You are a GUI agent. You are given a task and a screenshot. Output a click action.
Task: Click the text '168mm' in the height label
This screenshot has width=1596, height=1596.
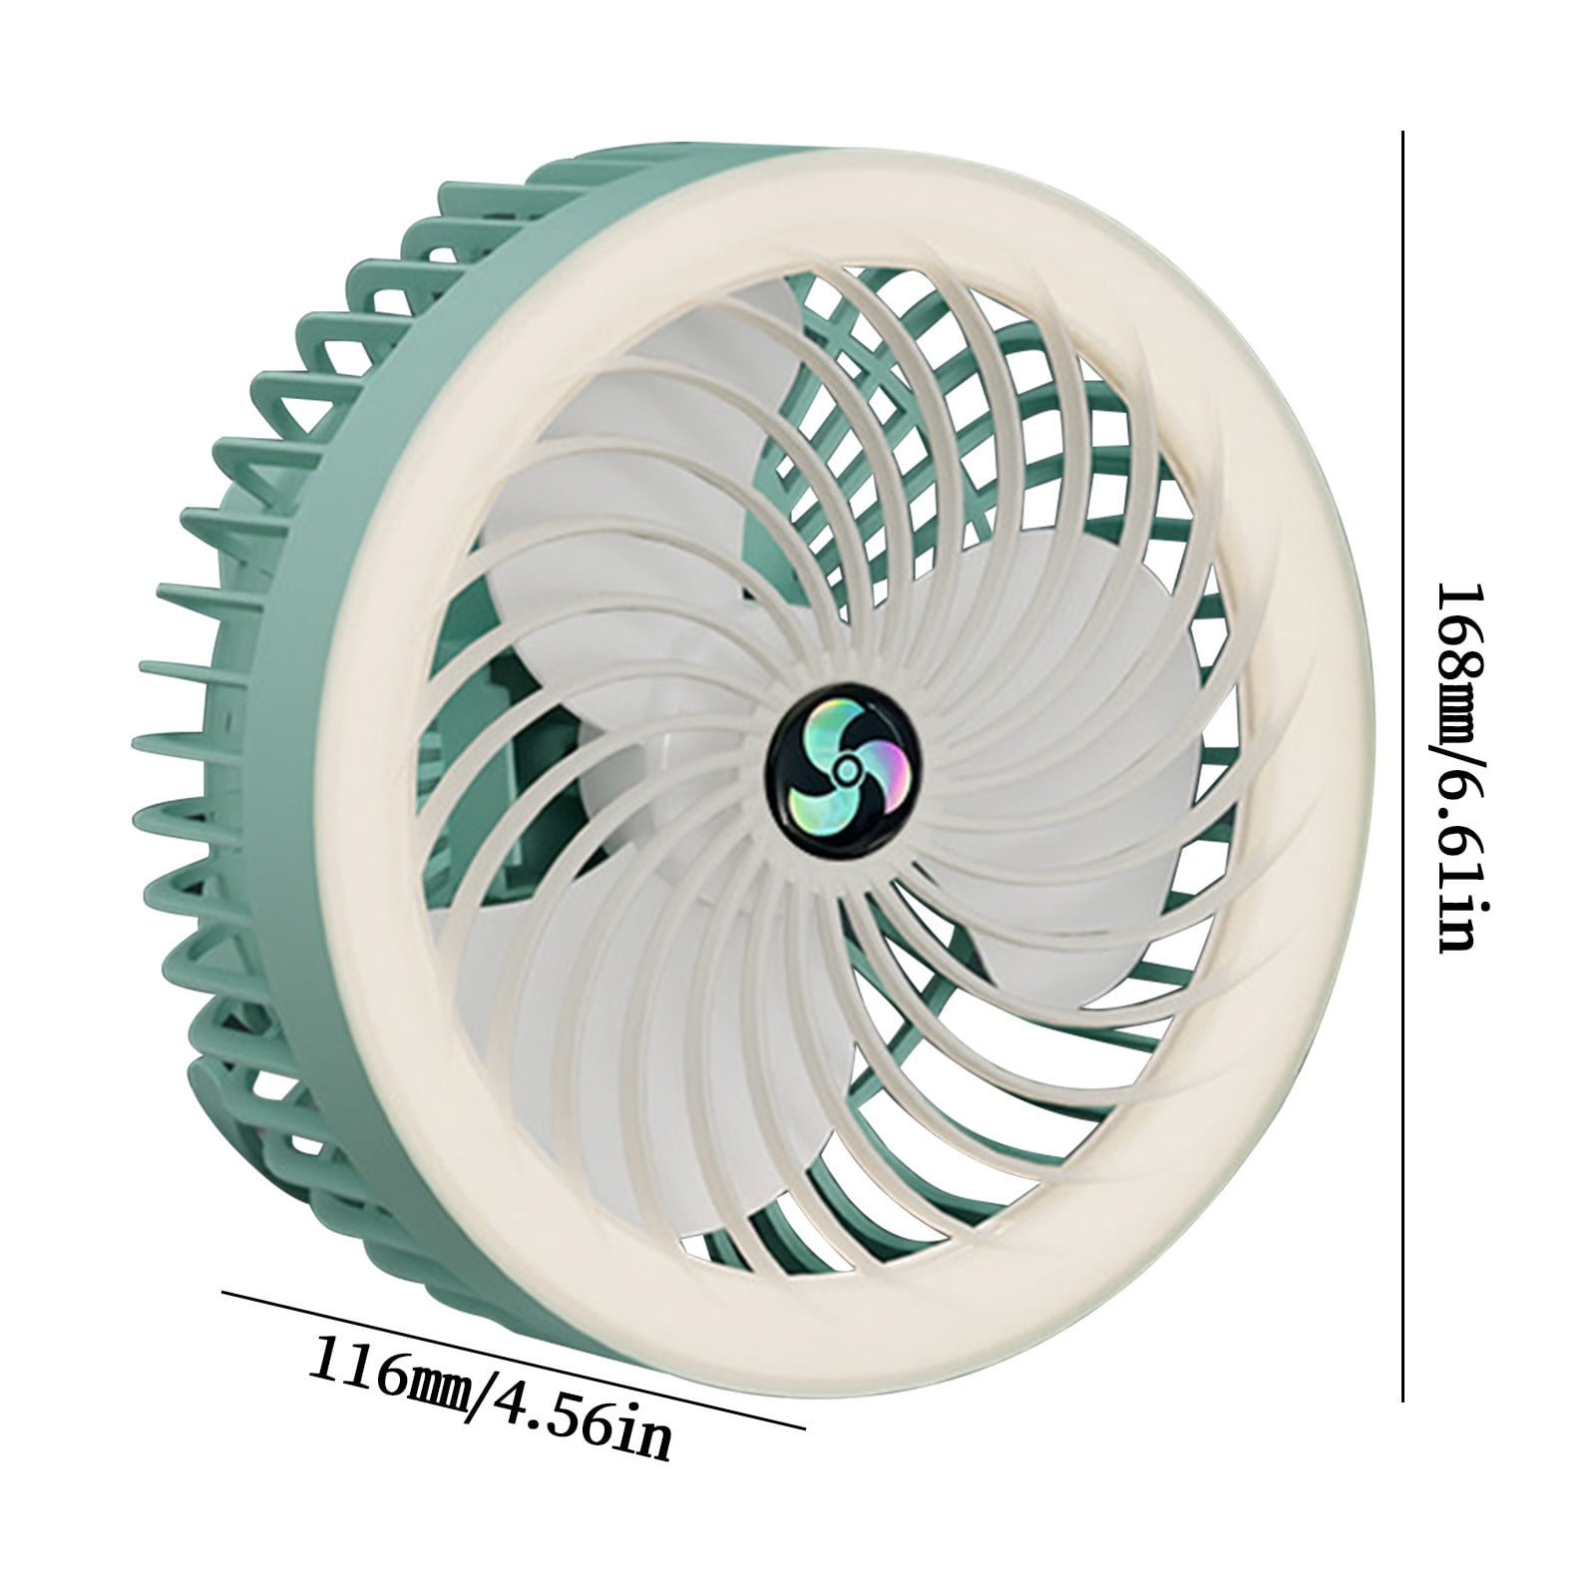coord(1467,652)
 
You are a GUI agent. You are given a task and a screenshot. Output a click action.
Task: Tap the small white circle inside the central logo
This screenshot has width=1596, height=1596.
coord(846,766)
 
